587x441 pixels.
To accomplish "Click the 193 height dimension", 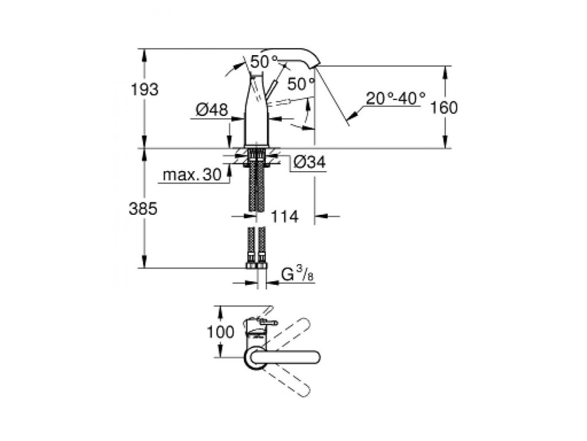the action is (143, 90).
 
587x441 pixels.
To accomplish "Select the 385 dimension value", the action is (143, 209).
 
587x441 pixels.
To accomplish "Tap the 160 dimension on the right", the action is (445, 108).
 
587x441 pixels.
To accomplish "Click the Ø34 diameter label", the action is (310, 164).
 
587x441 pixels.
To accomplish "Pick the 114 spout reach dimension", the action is (284, 216).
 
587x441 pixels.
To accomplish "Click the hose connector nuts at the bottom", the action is (256, 266).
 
